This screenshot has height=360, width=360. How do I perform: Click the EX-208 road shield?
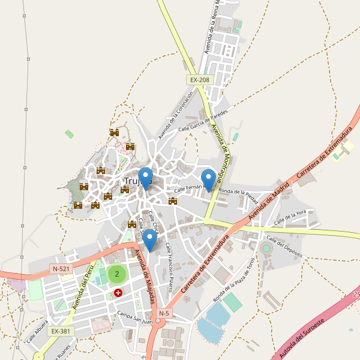point(200,80)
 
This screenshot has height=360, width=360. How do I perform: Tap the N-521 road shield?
point(61,269)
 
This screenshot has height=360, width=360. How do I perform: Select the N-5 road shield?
point(164,313)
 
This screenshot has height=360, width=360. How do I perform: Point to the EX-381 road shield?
point(61,331)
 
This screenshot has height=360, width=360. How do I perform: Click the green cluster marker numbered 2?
point(117,275)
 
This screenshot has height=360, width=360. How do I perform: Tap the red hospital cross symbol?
point(118,293)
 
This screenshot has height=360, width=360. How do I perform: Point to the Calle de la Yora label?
point(290,218)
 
